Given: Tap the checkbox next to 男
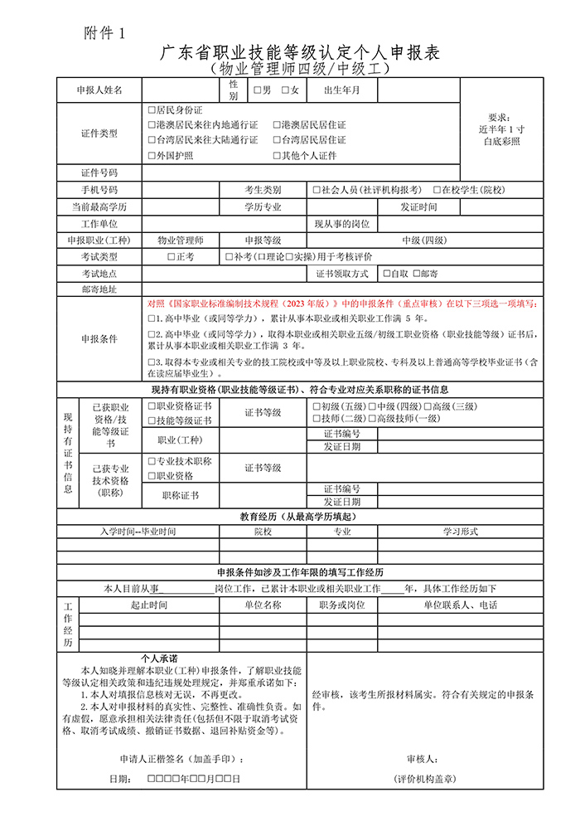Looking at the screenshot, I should pyautogui.click(x=258, y=90).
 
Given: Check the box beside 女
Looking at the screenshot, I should pyautogui.click(x=286, y=90).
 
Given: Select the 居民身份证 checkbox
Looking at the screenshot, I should pyautogui.click(x=151, y=109).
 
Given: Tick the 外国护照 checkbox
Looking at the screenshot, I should pyautogui.click(x=151, y=155).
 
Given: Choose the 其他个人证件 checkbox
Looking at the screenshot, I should pyautogui.click(x=278, y=155).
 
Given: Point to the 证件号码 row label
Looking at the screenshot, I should pyautogui.click(x=99, y=173).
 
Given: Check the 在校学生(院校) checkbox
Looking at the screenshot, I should pyautogui.click(x=436, y=190).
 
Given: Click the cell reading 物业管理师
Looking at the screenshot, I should pyautogui.click(x=181, y=240).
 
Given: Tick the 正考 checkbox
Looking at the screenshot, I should pyautogui.click(x=171, y=257).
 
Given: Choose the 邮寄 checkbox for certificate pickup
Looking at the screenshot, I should pyautogui.click(x=416, y=273).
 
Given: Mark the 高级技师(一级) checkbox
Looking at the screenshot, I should pyautogui.click(x=371, y=419).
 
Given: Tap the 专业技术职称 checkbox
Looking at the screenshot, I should pyautogui.click(x=152, y=460).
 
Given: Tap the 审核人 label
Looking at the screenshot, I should pyautogui.click(x=423, y=759).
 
